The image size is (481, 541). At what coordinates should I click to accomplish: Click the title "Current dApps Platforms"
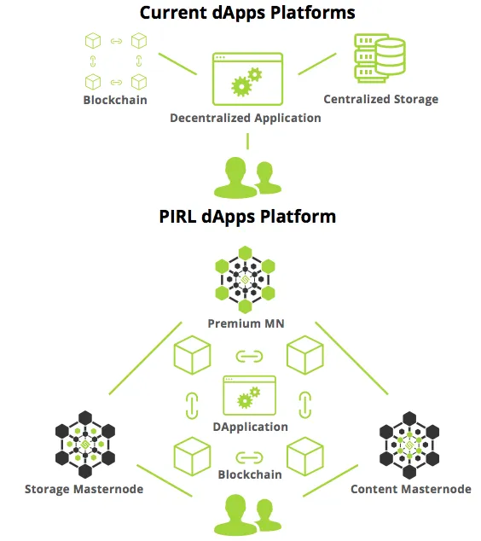(247, 13)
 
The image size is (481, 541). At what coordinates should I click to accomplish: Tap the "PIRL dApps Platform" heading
(247, 217)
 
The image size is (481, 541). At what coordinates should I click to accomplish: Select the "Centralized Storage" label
(380, 99)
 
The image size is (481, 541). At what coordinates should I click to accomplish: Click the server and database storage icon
(380, 58)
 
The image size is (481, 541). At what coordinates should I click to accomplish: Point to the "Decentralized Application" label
(245, 118)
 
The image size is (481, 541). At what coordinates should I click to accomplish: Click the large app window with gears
(247, 79)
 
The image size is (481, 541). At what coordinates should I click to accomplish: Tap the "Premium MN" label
(246, 323)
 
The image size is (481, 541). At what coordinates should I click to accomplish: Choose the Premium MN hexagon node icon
(245, 280)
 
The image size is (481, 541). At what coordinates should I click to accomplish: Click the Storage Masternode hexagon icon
(84, 445)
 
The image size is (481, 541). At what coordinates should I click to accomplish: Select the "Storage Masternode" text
(84, 489)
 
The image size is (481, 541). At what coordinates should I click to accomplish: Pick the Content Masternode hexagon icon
(409, 445)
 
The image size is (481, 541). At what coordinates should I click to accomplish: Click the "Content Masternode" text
(411, 489)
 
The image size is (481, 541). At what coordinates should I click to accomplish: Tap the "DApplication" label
(250, 428)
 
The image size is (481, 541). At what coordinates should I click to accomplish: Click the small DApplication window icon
(249, 395)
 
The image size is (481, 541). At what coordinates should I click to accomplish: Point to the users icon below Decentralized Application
(247, 177)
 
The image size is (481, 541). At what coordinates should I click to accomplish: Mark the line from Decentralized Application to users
(247, 141)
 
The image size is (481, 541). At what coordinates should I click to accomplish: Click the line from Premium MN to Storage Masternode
(145, 358)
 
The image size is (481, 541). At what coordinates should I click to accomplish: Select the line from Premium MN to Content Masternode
(351, 358)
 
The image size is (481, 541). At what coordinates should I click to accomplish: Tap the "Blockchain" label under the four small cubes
(115, 100)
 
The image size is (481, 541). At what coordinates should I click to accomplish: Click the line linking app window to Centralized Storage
(317, 64)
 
